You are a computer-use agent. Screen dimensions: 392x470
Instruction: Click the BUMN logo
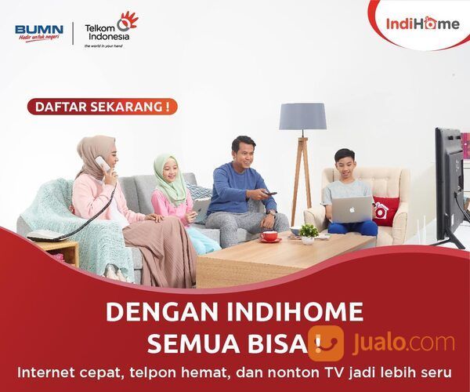point(39,33)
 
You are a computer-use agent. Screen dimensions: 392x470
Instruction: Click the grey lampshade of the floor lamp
point(302,117)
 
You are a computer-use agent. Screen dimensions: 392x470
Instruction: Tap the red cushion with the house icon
point(383,210)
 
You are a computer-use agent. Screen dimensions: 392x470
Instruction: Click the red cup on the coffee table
point(269,235)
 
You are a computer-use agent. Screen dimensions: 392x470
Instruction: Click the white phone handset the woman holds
point(103,164)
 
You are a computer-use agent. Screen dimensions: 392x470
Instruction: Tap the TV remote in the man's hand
point(270,194)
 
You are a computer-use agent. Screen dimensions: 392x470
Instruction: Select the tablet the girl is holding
point(201,209)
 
